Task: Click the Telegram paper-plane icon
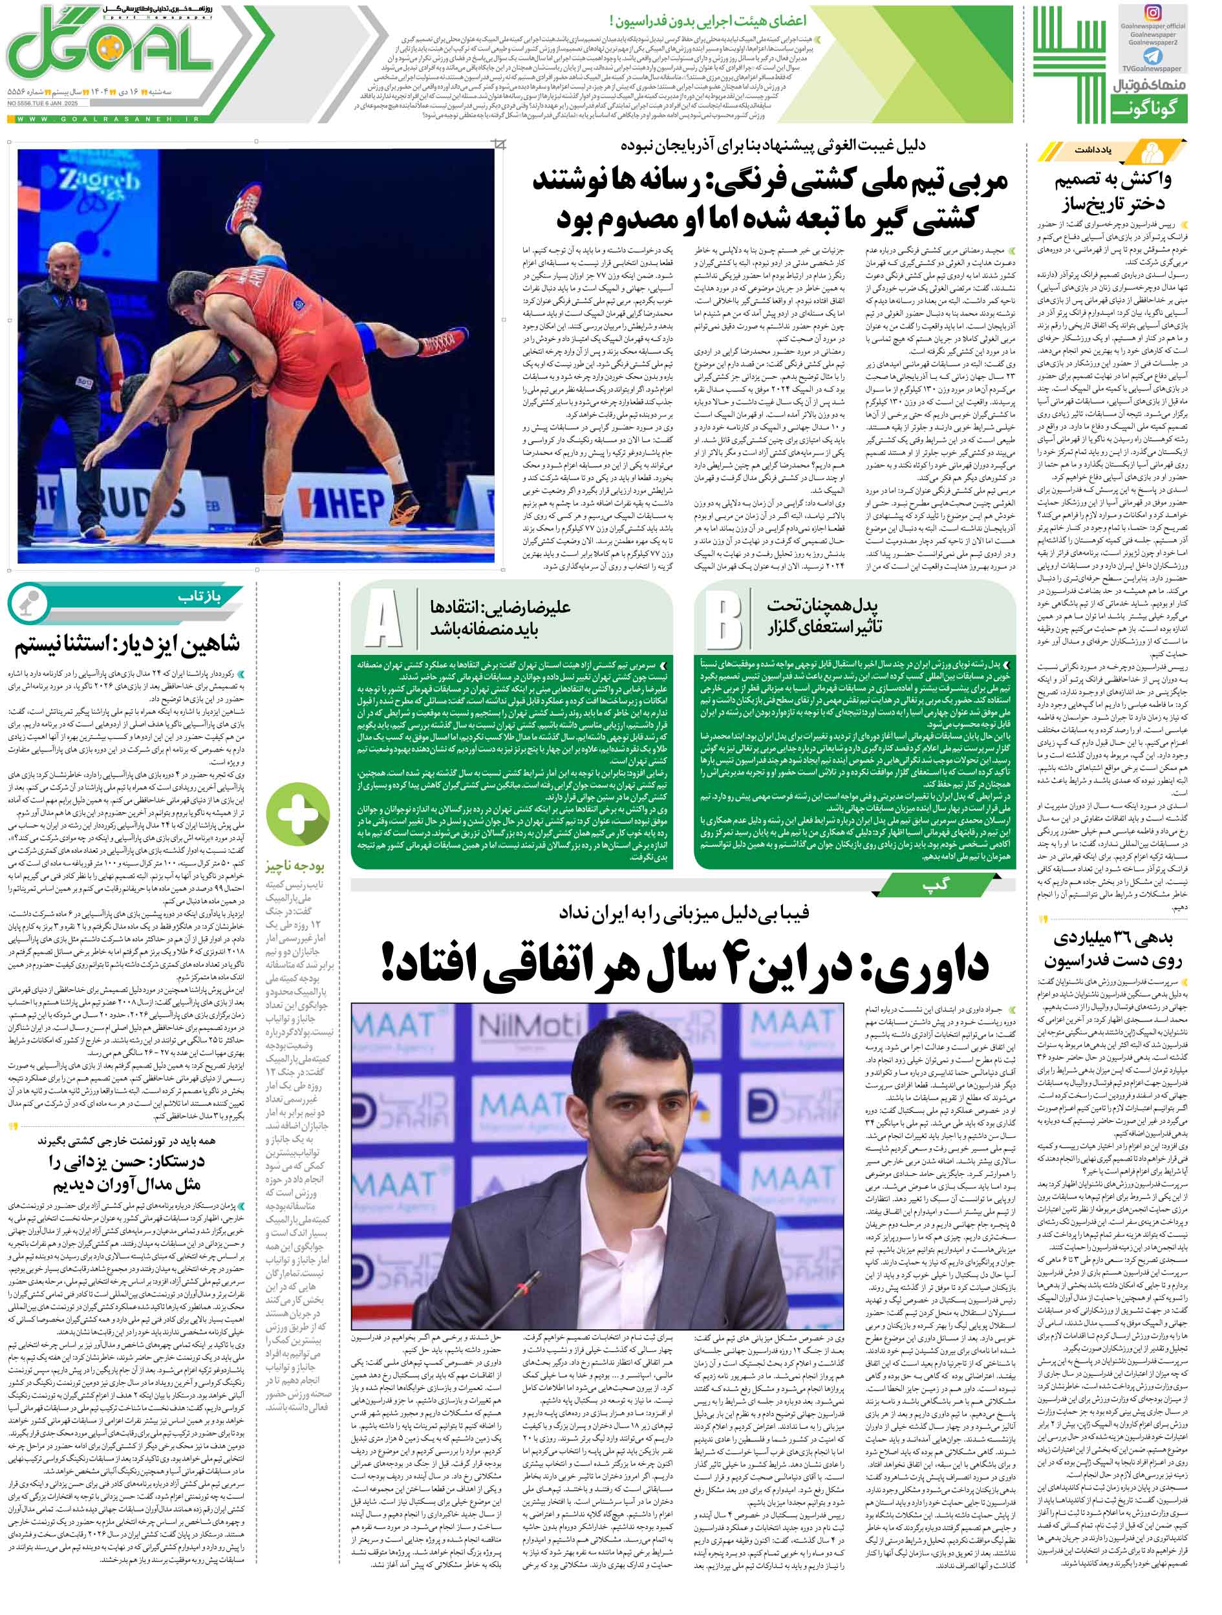point(1153,56)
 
